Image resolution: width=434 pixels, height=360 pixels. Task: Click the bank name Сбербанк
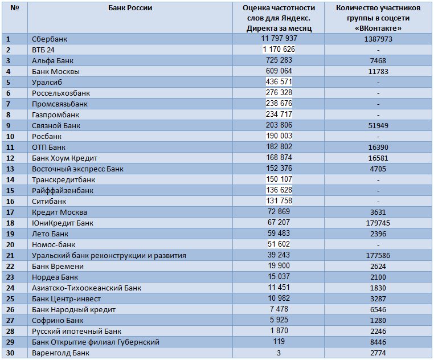click(x=50, y=39)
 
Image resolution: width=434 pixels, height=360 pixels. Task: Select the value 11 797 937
click(x=279, y=38)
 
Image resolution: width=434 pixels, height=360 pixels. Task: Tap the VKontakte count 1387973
click(x=378, y=39)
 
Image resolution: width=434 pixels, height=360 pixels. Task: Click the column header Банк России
click(x=130, y=8)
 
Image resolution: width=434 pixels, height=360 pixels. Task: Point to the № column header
click(x=15, y=8)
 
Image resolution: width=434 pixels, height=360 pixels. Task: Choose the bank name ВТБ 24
click(x=43, y=50)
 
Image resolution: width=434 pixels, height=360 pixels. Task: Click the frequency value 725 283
click(x=279, y=60)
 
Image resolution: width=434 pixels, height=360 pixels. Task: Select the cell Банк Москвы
click(x=56, y=71)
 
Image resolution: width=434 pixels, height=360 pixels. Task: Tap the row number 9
click(x=9, y=126)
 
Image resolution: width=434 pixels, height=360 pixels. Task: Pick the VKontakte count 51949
click(x=378, y=126)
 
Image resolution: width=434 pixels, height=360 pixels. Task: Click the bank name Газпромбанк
click(x=55, y=115)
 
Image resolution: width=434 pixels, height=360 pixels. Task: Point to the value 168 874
click(x=279, y=157)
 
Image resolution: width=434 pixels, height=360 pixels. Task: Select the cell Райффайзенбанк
click(x=63, y=190)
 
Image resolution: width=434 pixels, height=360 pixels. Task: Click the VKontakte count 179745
click(x=378, y=223)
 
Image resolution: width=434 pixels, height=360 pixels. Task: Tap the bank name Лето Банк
click(x=50, y=234)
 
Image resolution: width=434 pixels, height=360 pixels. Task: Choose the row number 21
click(x=10, y=255)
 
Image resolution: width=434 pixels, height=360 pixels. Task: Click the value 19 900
click(x=279, y=265)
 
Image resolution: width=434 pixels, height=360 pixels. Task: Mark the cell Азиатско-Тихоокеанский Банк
click(x=87, y=288)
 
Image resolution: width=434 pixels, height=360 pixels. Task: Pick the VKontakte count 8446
click(x=378, y=342)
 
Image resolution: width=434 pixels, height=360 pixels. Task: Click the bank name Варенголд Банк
click(x=60, y=353)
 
